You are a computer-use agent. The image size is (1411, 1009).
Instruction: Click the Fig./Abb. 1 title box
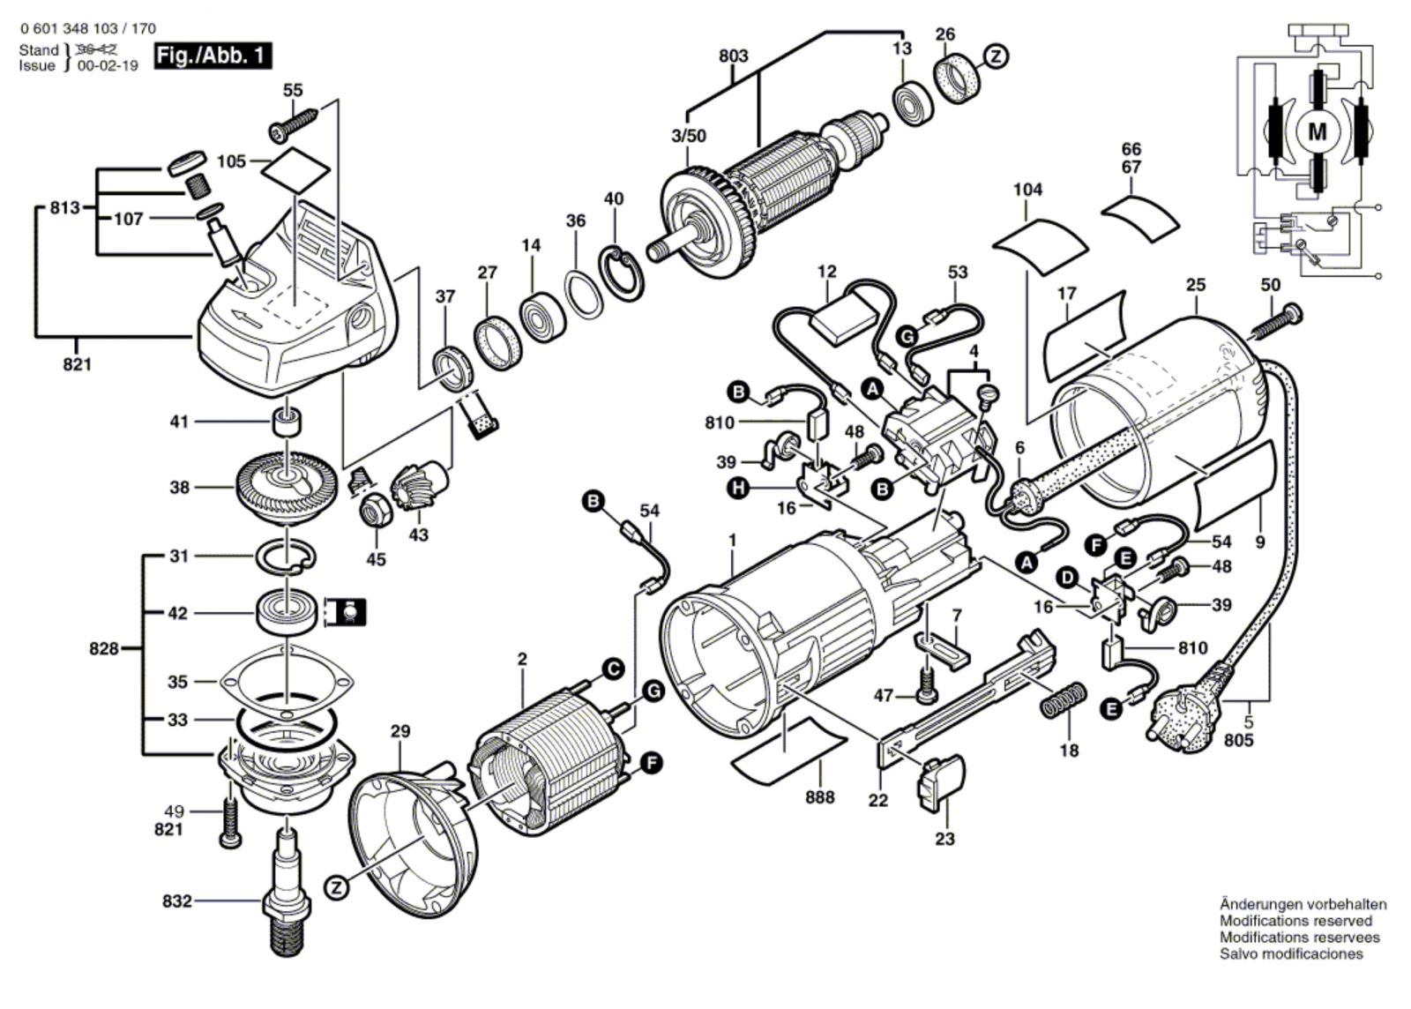[x=213, y=56]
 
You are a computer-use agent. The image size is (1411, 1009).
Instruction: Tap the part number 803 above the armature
[x=733, y=56]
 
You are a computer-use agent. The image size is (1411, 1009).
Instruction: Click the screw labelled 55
[x=294, y=123]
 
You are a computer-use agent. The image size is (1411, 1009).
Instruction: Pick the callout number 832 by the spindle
[x=177, y=901]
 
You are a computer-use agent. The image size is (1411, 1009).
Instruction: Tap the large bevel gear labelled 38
[x=287, y=487]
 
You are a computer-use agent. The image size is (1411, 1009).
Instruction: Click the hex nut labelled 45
[x=376, y=509]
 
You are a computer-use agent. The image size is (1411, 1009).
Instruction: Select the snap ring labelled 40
[x=622, y=274]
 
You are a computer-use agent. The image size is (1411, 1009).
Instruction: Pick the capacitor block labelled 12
[x=842, y=319]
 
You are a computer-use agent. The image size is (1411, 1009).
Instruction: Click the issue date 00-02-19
[x=107, y=65]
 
